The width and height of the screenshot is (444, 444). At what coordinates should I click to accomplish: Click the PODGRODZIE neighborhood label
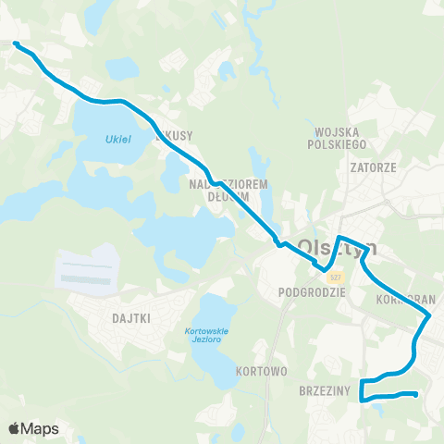pos(311,290)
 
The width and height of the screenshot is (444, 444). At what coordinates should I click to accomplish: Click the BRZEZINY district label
pos(324,391)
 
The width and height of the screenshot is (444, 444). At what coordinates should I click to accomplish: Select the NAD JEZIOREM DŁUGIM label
pos(228,190)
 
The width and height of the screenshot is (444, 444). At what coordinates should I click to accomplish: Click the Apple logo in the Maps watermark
pos(16,428)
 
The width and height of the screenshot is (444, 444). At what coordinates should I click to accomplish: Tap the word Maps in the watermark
pos(41,428)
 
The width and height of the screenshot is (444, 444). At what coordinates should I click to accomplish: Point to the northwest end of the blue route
pos(16,44)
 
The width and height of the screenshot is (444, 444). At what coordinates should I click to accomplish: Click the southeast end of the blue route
pos(416,395)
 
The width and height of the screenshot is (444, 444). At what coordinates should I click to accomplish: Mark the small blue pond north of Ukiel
pos(121,68)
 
